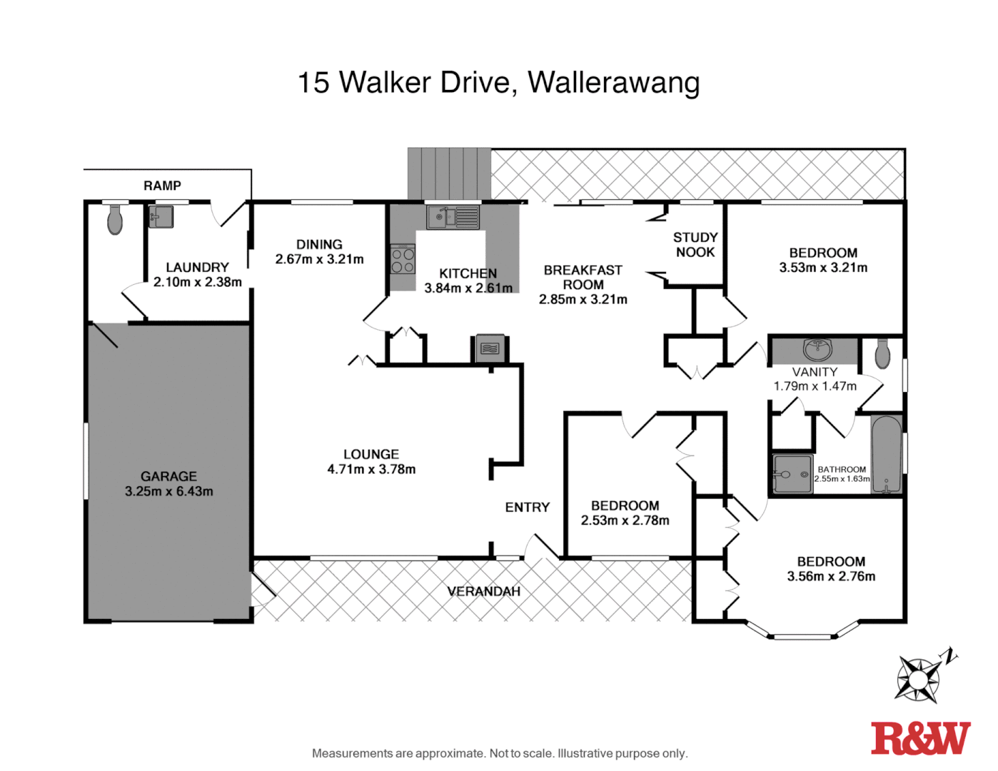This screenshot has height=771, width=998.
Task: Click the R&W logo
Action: [x=920, y=738]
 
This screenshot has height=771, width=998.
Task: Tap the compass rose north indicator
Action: [x=919, y=677]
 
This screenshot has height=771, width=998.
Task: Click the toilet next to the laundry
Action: [x=115, y=220]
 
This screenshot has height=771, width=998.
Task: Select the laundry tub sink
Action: [x=161, y=216]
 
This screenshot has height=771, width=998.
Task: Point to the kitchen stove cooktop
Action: [x=403, y=260]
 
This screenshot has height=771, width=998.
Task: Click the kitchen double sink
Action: [x=453, y=216]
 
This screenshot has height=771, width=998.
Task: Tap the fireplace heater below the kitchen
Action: [x=490, y=348]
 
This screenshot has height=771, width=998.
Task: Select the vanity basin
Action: [x=817, y=350]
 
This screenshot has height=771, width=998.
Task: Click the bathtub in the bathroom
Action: [x=886, y=454]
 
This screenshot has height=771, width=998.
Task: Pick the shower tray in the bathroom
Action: [x=792, y=474]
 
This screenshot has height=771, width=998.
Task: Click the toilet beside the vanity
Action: [x=882, y=353]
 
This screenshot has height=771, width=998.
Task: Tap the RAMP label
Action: [x=162, y=186]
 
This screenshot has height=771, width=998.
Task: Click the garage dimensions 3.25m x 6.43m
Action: [x=168, y=491]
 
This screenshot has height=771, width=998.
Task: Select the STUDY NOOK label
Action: [x=695, y=245]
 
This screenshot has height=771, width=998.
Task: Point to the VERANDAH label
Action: [x=483, y=591]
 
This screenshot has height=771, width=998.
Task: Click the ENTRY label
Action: [x=527, y=507]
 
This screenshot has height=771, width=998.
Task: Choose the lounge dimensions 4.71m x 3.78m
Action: [x=371, y=469]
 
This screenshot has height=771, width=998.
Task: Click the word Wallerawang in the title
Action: [x=613, y=83]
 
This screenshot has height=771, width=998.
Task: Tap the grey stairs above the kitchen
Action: [x=449, y=173]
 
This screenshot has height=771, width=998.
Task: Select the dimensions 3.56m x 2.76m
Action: [x=831, y=576]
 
